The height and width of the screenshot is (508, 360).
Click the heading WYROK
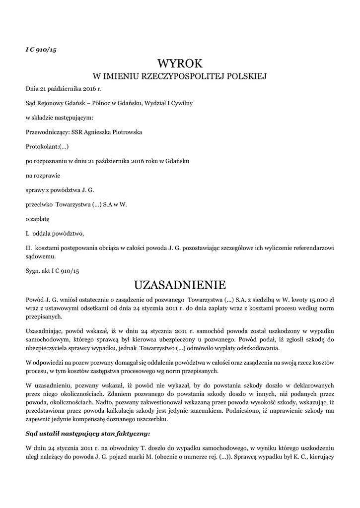coord(180,63)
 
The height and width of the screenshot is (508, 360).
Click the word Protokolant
coord(42,147)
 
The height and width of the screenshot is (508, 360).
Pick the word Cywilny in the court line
coord(181,103)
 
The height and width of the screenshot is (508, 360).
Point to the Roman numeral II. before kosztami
coord(29,247)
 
